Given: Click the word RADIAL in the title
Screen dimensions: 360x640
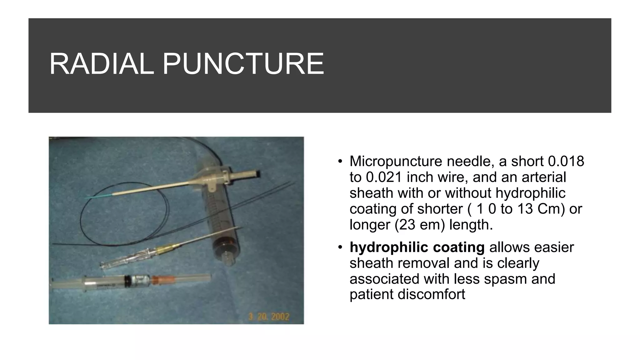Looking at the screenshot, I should [x=102, y=64].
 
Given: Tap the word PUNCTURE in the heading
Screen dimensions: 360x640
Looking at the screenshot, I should [x=243, y=64].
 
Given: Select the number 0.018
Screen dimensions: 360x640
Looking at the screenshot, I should [x=566, y=161].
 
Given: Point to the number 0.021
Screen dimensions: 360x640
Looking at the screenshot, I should [x=383, y=177].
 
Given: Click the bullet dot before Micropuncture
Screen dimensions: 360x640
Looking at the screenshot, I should [x=341, y=162].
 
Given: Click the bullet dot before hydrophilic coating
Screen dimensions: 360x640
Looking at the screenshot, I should [x=341, y=247].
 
